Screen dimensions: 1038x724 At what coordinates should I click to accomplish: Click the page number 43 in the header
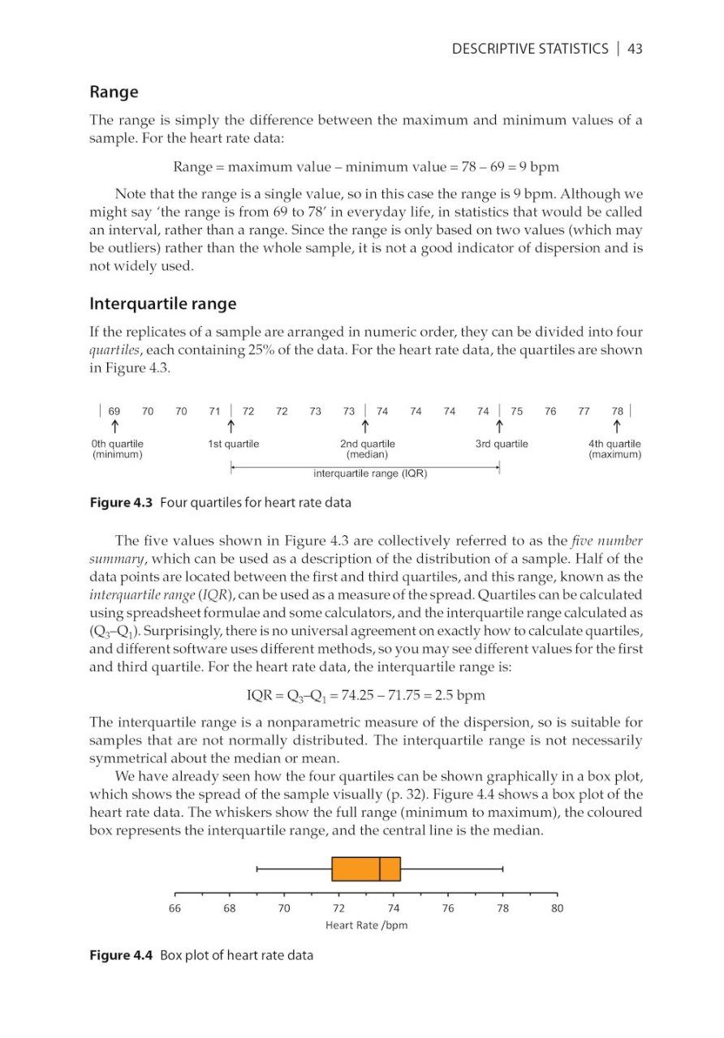coord(635,49)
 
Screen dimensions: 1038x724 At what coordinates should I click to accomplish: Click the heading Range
coord(114,92)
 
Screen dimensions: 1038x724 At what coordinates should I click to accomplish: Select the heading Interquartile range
coord(162,304)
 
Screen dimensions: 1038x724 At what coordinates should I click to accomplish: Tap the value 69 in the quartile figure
coord(114,412)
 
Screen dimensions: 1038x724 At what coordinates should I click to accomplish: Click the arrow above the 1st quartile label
coord(232,427)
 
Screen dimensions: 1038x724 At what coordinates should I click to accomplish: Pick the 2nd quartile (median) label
coord(367,449)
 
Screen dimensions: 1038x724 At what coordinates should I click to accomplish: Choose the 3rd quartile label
coord(502,444)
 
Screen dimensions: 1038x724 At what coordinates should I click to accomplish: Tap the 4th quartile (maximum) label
coord(615,449)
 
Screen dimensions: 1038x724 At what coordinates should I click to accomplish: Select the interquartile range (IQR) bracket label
coord(370,474)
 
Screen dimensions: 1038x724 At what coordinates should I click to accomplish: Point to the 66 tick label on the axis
coord(175,908)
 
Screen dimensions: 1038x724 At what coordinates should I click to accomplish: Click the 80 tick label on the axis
coord(557,908)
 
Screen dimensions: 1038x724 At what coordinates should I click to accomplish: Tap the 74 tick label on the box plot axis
coord(394,908)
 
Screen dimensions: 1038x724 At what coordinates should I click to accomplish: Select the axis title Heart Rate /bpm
coord(366,925)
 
